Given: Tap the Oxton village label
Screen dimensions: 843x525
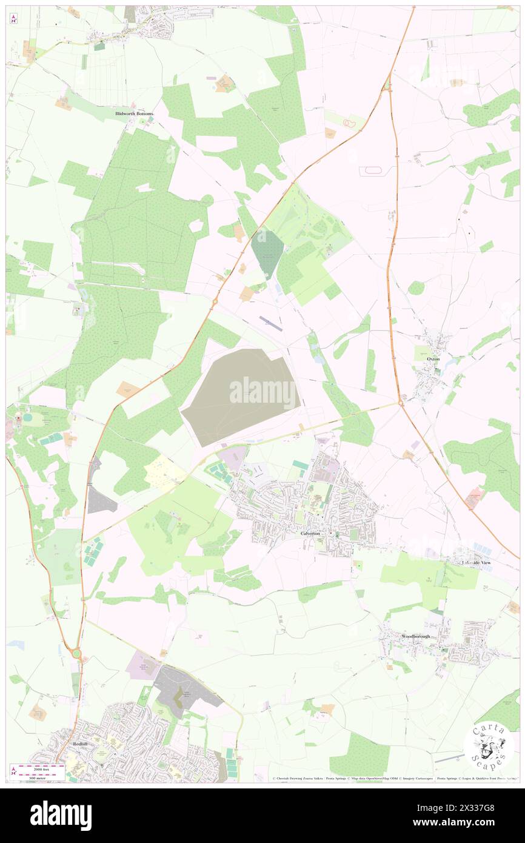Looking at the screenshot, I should [x=433, y=358].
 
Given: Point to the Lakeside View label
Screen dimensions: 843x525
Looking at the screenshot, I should [x=477, y=563].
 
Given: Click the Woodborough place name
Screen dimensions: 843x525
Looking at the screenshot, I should [x=415, y=636].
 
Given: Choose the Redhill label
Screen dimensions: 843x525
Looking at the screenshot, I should [x=80, y=743].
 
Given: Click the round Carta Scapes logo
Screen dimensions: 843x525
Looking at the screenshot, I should [x=489, y=750].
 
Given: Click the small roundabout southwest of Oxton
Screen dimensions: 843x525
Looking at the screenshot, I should [x=401, y=403].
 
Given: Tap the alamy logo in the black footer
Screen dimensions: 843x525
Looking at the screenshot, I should [x=61, y=815].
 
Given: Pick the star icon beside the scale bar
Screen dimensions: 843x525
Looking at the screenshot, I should [x=13, y=770].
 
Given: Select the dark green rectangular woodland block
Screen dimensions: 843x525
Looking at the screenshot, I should [x=267, y=254].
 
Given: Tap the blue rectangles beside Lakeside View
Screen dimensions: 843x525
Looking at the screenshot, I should [x=483, y=549].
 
